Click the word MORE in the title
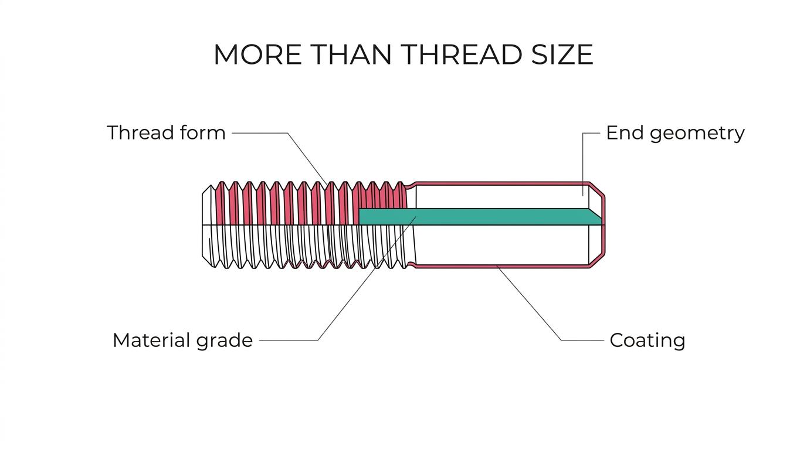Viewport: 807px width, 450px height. coord(257,54)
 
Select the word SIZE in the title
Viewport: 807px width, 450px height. coord(562,54)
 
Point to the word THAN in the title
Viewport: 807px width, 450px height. coord(351,54)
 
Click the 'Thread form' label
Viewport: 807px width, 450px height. coord(166,132)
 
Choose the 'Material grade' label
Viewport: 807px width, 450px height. coord(182,341)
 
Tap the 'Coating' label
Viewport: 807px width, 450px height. coord(647,341)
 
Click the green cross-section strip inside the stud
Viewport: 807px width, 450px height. coord(479,217)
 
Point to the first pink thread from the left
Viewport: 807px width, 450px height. coord(221,203)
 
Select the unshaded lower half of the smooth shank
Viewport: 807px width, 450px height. coord(501,246)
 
